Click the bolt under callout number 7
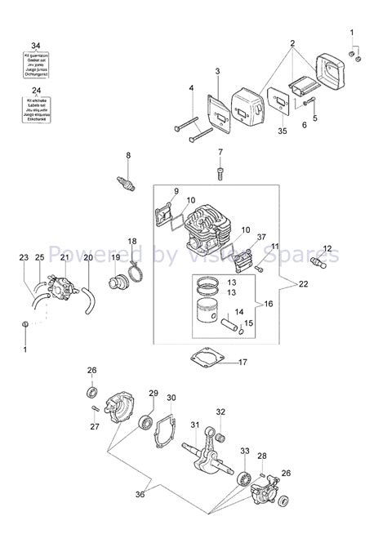(x=220, y=171)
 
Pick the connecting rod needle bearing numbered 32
(x=220, y=432)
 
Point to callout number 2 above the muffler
(x=291, y=42)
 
